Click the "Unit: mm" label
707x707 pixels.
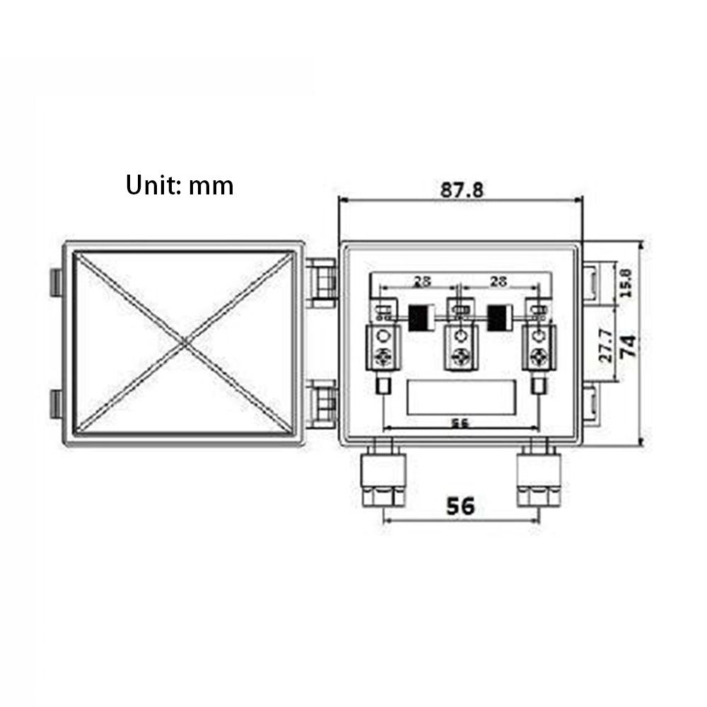click(180, 185)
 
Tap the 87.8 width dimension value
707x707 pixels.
click(462, 190)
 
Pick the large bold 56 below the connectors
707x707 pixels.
click(460, 506)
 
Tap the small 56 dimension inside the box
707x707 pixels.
click(460, 423)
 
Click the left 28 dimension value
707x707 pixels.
click(422, 281)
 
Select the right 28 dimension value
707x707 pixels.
click(498, 281)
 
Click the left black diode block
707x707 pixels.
click(423, 317)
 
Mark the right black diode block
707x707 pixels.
click(499, 317)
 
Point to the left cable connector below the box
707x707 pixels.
click(383, 477)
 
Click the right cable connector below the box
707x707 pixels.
click(538, 477)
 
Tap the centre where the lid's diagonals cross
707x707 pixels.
click(185, 344)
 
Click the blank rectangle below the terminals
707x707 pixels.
click(460, 397)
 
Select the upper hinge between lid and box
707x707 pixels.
click(322, 282)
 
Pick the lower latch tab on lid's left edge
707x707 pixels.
click(56, 404)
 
